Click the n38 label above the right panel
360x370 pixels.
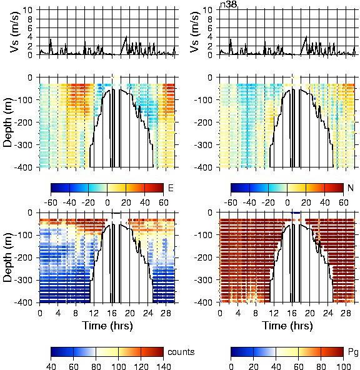point(228,4)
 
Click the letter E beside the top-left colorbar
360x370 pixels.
point(171,188)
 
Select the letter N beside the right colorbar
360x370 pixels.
point(351,188)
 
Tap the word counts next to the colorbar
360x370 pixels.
point(181,352)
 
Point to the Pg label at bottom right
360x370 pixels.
point(353,352)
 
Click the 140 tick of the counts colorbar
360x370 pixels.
point(163,366)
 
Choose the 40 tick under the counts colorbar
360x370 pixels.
point(51,366)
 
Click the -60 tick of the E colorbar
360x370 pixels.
point(51,202)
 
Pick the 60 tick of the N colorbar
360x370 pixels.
point(344,202)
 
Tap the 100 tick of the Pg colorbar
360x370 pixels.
point(344,366)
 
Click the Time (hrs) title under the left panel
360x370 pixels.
point(107,326)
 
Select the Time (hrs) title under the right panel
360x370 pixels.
point(287,326)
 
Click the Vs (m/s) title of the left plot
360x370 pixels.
point(14,32)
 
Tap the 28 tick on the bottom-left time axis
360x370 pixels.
point(166,313)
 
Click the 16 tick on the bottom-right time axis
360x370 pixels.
point(292,313)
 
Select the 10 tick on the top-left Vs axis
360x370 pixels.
point(29,10)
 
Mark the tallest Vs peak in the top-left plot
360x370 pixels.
point(126,37)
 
